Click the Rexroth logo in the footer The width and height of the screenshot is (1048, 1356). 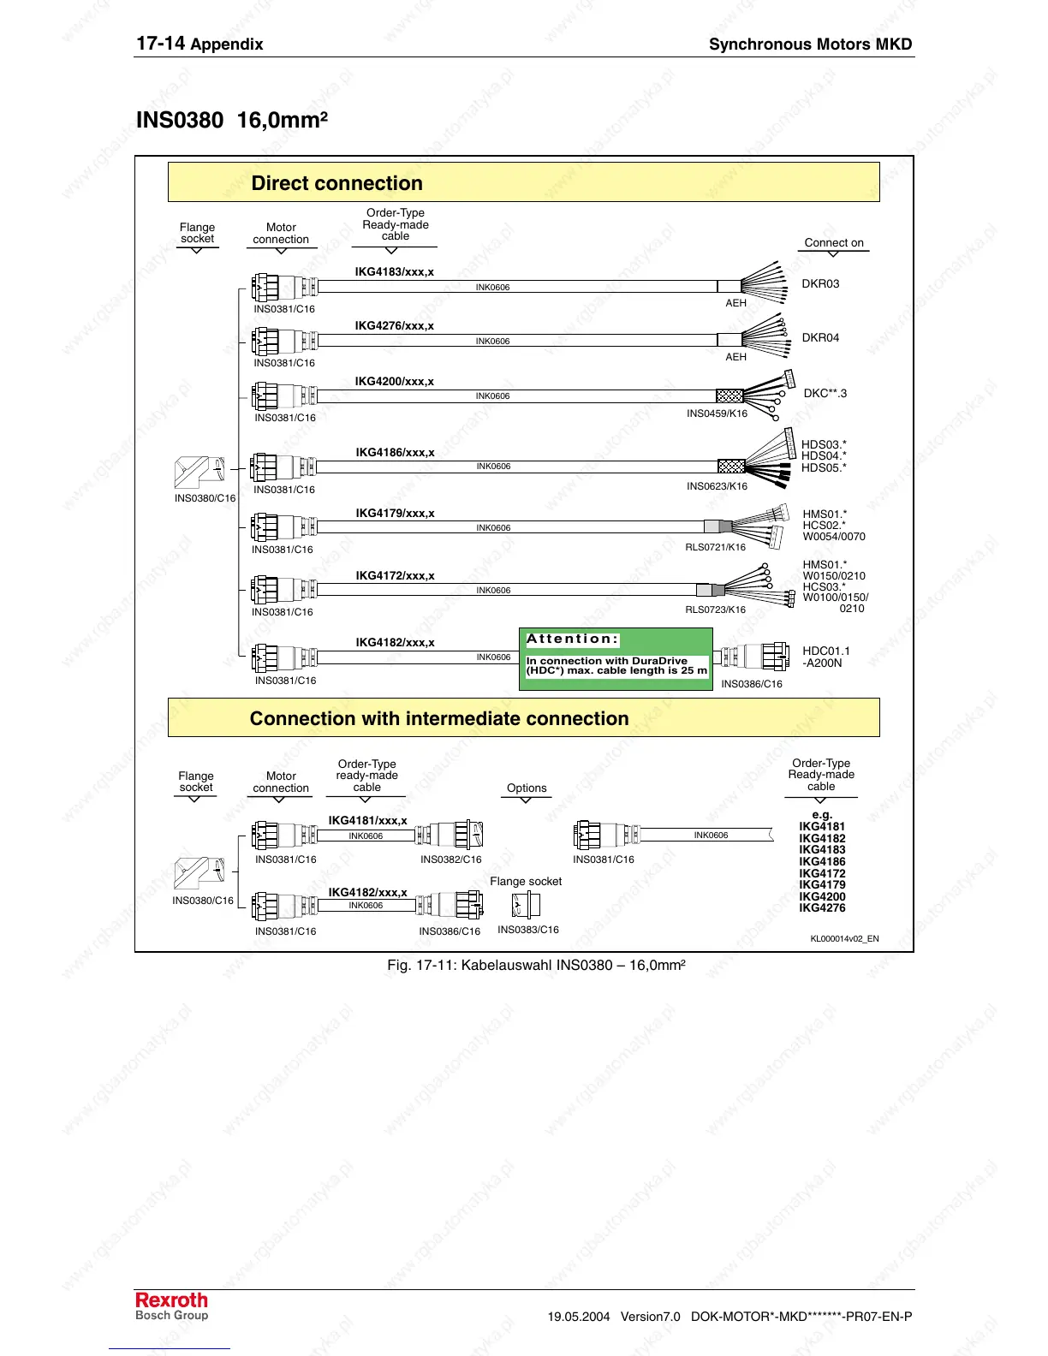pyautogui.click(x=171, y=1300)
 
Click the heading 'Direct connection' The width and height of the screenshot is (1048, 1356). pyautogui.click(x=336, y=183)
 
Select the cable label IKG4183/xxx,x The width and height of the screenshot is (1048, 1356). pyautogui.click(x=394, y=272)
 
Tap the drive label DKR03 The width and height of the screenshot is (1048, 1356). pyautogui.click(x=820, y=283)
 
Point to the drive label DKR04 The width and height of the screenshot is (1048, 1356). pyautogui.click(x=820, y=337)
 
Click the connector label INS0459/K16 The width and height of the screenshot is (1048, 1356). pyautogui.click(x=717, y=413)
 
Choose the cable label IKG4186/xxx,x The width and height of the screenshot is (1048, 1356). pyautogui.click(x=395, y=453)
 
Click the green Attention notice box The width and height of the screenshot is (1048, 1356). pyautogui.click(x=616, y=658)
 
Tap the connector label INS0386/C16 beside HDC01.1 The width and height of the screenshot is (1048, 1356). pyautogui.click(x=751, y=684)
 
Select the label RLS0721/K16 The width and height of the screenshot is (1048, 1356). pyautogui.click(x=715, y=547)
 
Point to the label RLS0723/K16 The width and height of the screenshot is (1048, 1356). pyautogui.click(x=715, y=610)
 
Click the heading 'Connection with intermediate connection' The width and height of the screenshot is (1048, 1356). pyautogui.click(x=438, y=719)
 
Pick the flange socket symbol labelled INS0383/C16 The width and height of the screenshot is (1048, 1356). pyautogui.click(x=526, y=905)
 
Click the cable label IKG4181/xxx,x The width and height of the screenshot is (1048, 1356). pyautogui.click(x=367, y=821)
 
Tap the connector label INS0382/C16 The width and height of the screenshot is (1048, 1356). pyautogui.click(x=450, y=859)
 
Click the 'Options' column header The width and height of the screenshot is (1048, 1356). pyautogui.click(x=527, y=788)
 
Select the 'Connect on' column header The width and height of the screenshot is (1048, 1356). pyautogui.click(x=834, y=242)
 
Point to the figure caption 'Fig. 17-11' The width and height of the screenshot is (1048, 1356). pyautogui.click(x=536, y=966)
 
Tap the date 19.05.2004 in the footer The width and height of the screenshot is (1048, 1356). pyautogui.click(x=579, y=1317)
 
